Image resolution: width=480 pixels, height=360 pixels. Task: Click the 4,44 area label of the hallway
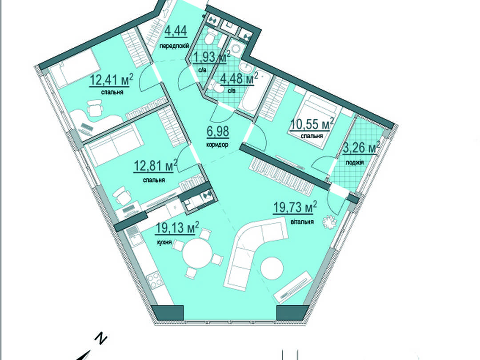point(176,31)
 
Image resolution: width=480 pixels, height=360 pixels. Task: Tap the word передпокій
point(174,46)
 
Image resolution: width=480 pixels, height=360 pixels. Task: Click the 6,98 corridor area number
point(218,132)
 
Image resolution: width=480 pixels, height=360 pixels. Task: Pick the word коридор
point(218,145)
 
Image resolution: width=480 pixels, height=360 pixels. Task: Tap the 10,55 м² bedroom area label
point(312,124)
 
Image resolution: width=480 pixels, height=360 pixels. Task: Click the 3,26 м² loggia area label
point(361,148)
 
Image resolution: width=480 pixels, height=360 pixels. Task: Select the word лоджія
point(355,163)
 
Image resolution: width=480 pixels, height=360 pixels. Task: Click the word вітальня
point(302,222)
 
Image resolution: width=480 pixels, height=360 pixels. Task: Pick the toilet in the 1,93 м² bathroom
point(210,38)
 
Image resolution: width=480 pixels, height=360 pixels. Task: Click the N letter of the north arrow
point(101,338)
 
